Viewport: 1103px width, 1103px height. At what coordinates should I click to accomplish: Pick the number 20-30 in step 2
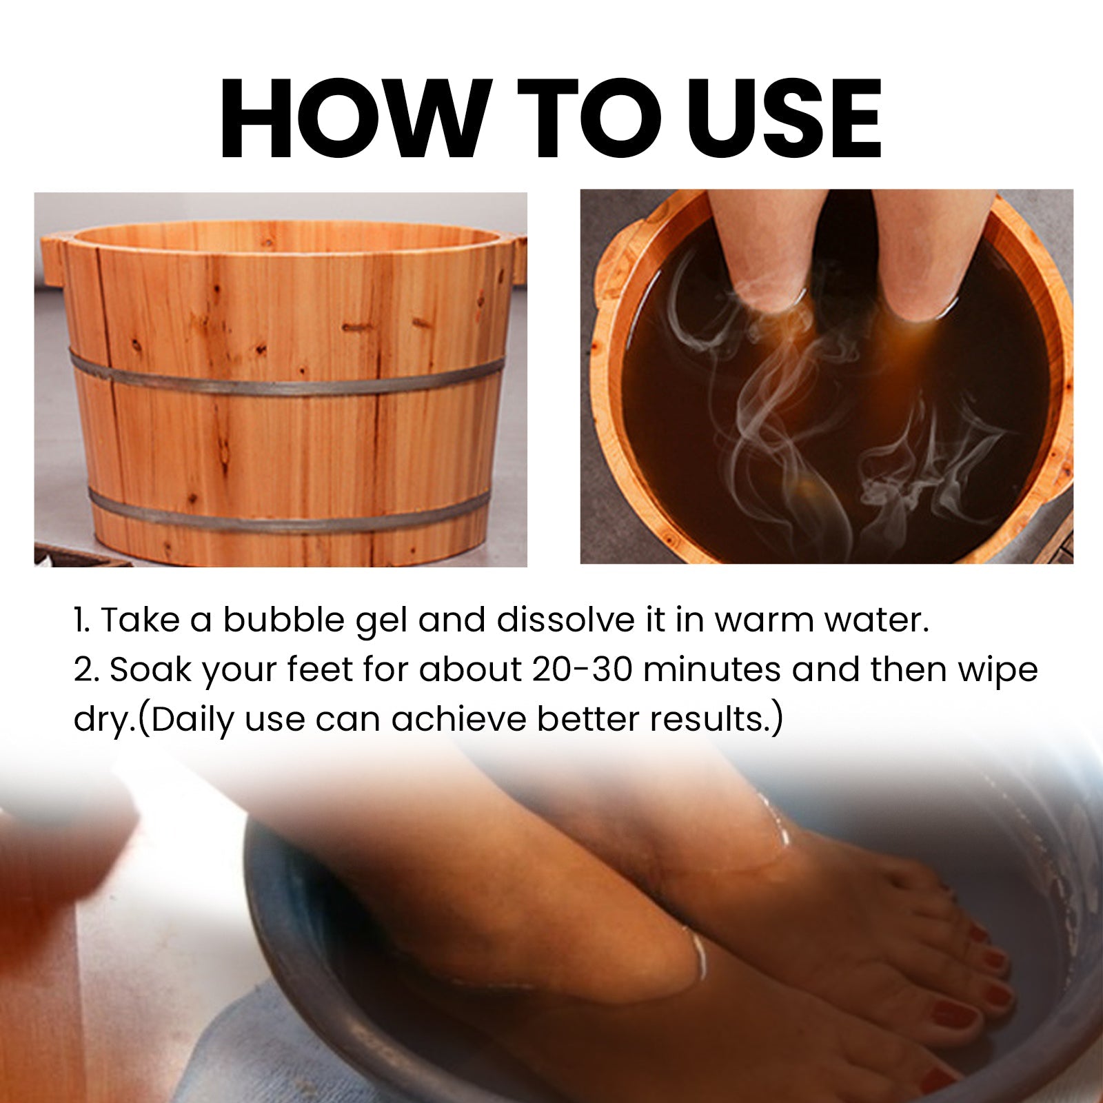[582, 669]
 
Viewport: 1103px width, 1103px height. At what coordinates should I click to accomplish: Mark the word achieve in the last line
[459, 719]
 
